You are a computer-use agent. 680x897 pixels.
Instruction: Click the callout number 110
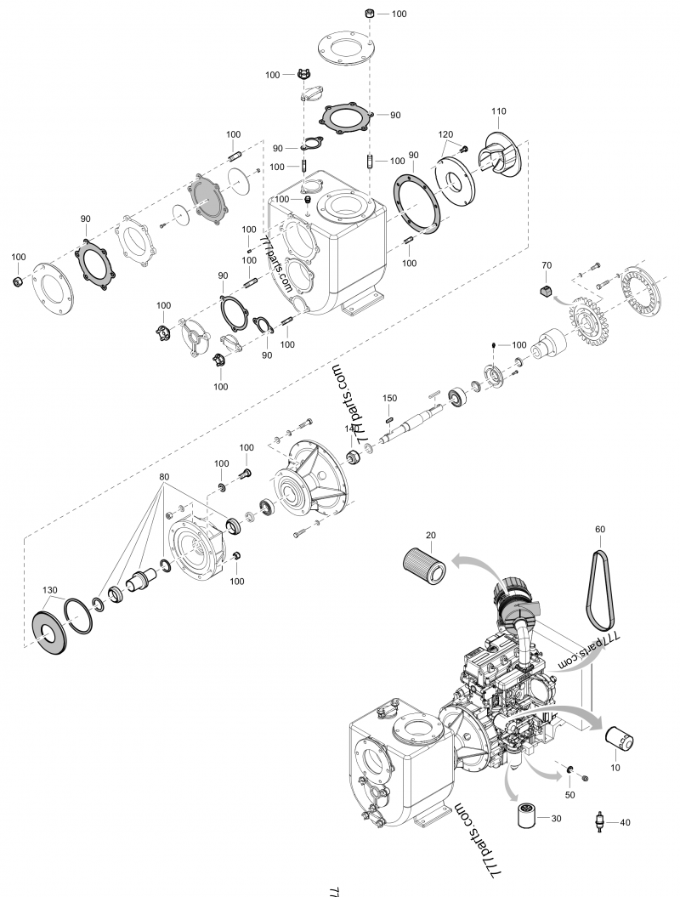[x=498, y=111]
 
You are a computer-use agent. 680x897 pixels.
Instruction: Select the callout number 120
[x=445, y=135]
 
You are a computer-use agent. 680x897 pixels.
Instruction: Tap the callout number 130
[x=50, y=590]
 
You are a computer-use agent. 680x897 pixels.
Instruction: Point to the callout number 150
[x=389, y=398]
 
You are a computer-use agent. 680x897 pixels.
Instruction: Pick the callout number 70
[x=547, y=265]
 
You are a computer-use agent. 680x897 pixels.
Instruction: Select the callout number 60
[x=600, y=529]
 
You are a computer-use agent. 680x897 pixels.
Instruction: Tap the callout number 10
[x=615, y=767]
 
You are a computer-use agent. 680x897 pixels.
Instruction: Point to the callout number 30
[x=556, y=819]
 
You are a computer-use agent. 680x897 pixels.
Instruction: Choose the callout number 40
[x=625, y=822]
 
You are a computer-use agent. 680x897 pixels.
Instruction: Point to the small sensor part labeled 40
[x=601, y=823]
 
